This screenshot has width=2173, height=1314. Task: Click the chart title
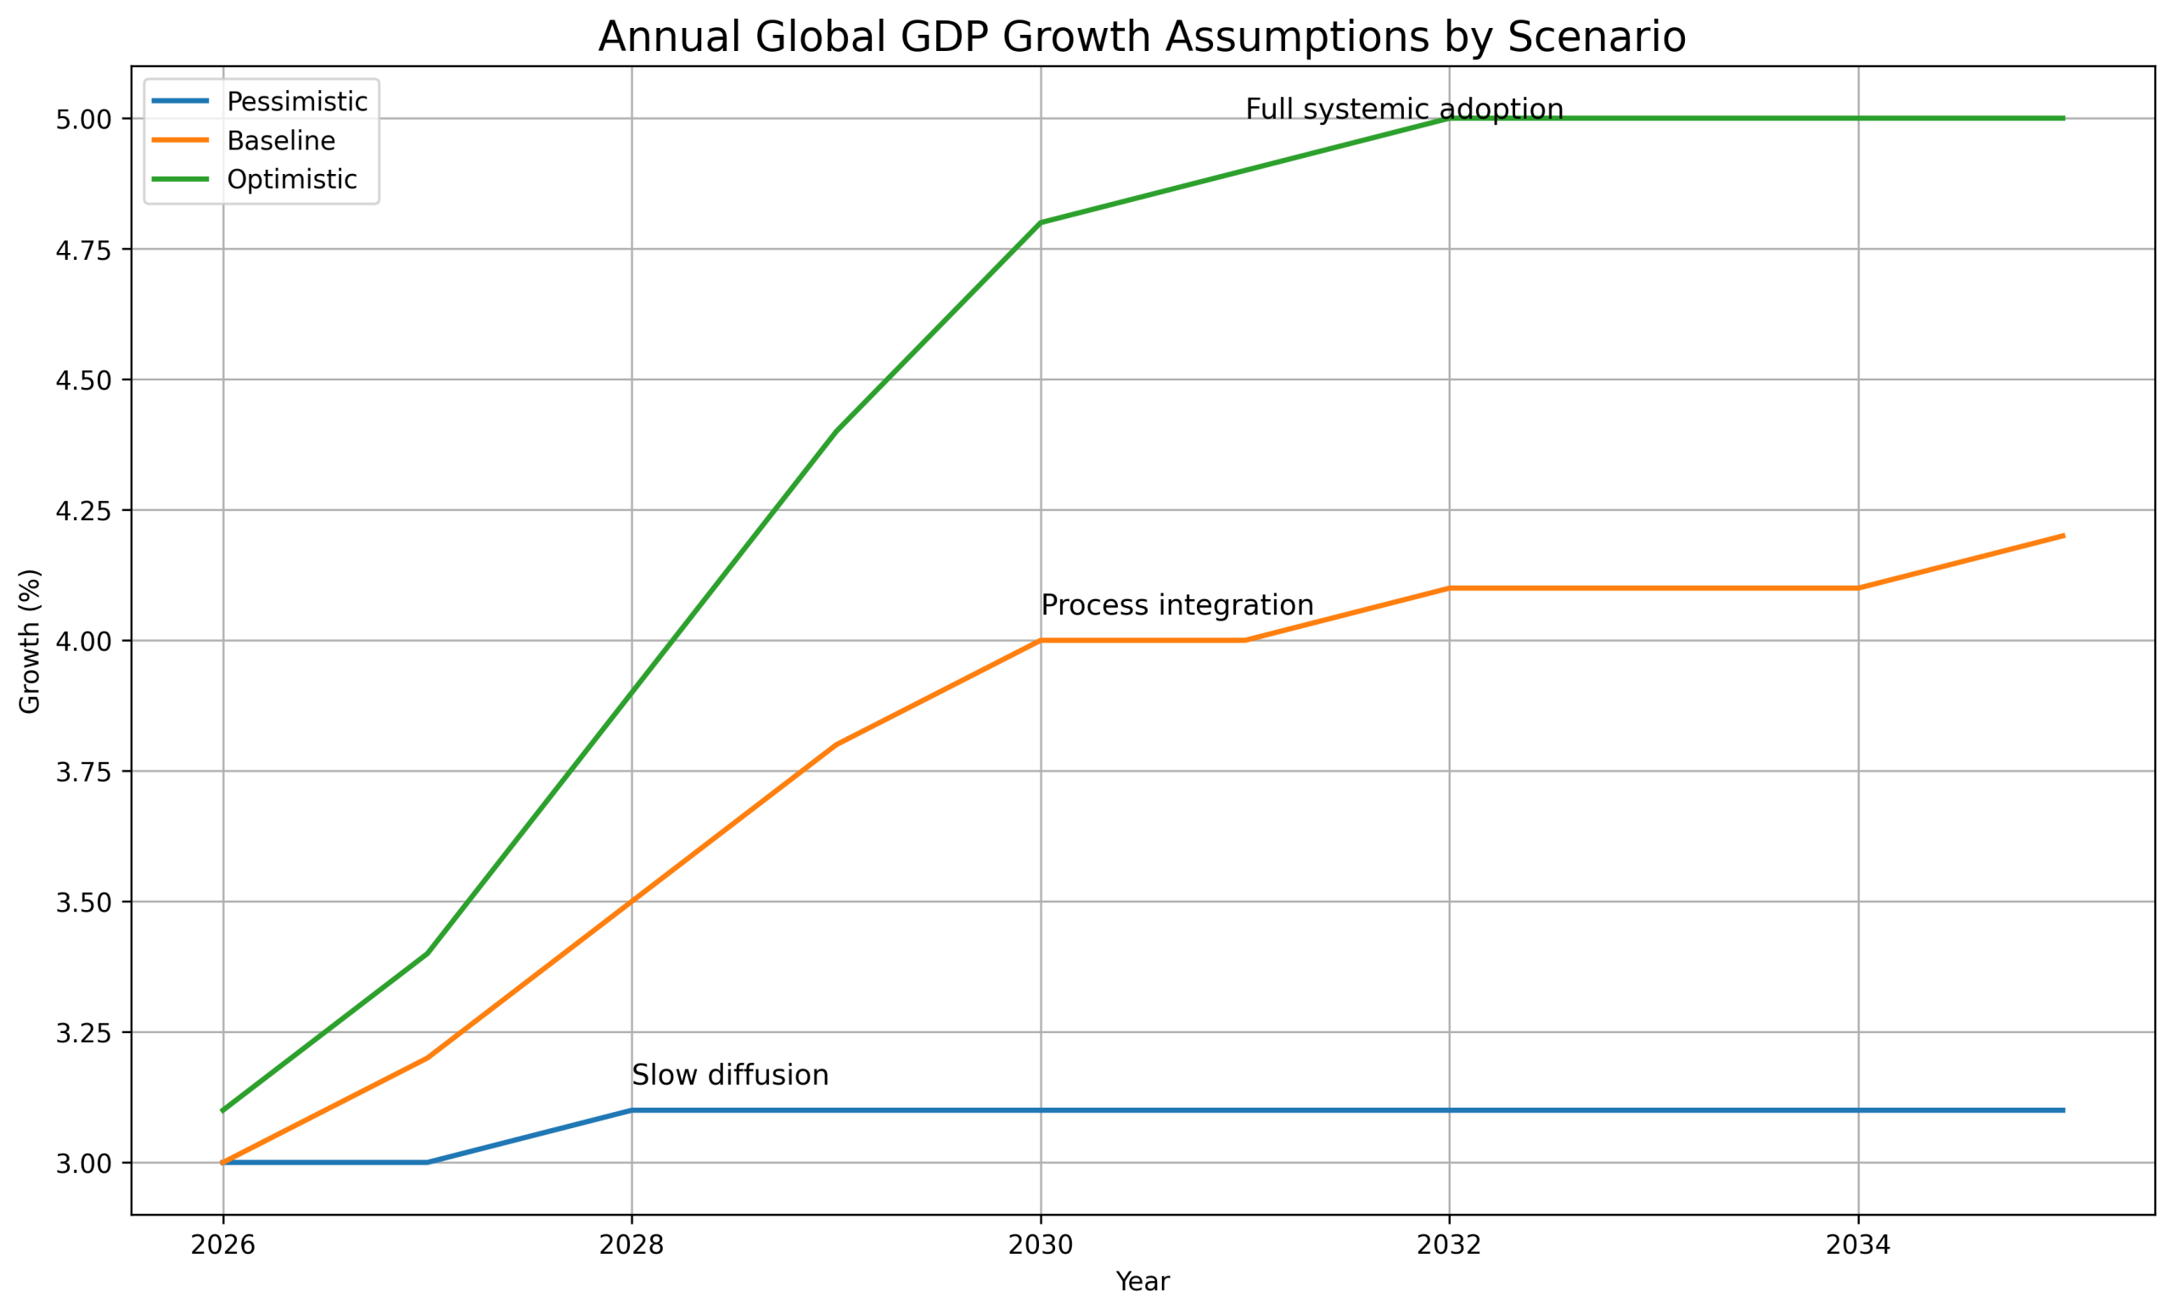pyautogui.click(x=1142, y=37)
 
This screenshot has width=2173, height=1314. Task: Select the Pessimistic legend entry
pyautogui.click(x=296, y=101)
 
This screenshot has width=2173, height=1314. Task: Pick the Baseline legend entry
pyautogui.click(x=280, y=140)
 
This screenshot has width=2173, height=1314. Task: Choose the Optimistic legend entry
pyautogui.click(x=291, y=179)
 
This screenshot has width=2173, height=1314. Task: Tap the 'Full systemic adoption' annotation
pyautogui.click(x=1404, y=109)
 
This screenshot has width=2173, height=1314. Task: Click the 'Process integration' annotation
pyautogui.click(x=1176, y=605)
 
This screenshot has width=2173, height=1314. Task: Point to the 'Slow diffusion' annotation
pyautogui.click(x=730, y=1075)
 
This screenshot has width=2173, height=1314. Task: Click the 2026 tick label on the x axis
pyautogui.click(x=223, y=1244)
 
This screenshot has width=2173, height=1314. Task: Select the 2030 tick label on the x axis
pyautogui.click(x=1041, y=1244)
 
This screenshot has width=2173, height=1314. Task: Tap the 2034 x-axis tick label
pyautogui.click(x=1858, y=1244)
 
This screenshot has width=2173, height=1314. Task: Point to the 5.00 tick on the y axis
pyautogui.click(x=84, y=119)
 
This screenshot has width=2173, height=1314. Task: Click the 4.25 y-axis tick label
pyautogui.click(x=84, y=511)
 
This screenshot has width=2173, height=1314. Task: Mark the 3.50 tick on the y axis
pyautogui.click(x=84, y=902)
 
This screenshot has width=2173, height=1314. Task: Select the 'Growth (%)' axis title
pyautogui.click(x=30, y=641)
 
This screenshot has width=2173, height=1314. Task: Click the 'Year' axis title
pyautogui.click(x=1142, y=1282)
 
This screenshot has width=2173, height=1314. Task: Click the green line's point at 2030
pyautogui.click(x=1041, y=223)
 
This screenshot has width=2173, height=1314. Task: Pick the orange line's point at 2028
pyautogui.click(x=632, y=901)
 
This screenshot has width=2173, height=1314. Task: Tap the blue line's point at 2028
pyautogui.click(x=632, y=1110)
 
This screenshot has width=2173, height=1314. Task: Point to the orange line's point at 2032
pyautogui.click(x=1450, y=588)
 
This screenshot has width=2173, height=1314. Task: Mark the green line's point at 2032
pyautogui.click(x=1450, y=118)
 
